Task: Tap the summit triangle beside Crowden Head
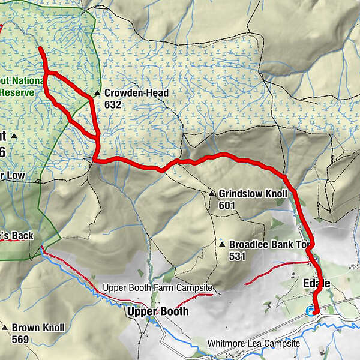97,94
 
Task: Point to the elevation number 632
112,104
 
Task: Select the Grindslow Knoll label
253,194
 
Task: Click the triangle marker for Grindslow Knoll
212,194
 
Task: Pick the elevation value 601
227,205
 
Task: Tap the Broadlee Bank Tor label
271,245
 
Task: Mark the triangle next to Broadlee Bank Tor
222,245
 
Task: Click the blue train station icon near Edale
310,311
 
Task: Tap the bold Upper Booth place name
157,311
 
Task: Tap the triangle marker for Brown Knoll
5,328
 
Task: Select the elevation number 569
20,339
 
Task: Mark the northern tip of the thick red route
40,49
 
